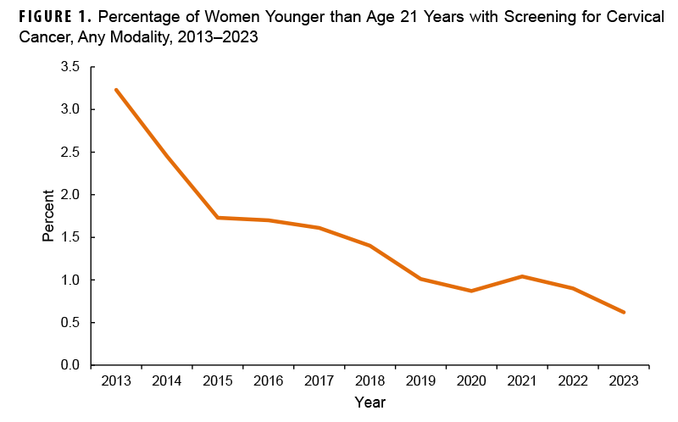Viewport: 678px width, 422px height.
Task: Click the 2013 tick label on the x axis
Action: tap(116, 381)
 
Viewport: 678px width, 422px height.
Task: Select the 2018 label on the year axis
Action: tap(370, 381)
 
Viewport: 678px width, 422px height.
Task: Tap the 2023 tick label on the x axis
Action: tap(625, 381)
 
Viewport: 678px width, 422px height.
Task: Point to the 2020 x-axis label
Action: tap(472, 381)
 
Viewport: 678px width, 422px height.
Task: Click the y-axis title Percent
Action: tap(49, 216)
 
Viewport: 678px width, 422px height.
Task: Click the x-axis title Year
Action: tap(370, 401)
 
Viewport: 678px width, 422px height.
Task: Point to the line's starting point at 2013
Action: tap(116, 90)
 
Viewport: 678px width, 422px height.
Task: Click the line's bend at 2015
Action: tap(218, 218)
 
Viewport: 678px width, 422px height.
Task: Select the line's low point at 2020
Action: tap(472, 291)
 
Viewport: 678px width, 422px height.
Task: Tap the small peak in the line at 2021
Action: tap(523, 276)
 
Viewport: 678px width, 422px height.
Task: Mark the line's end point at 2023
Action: tap(625, 312)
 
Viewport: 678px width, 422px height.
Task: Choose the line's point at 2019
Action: tap(421, 279)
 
